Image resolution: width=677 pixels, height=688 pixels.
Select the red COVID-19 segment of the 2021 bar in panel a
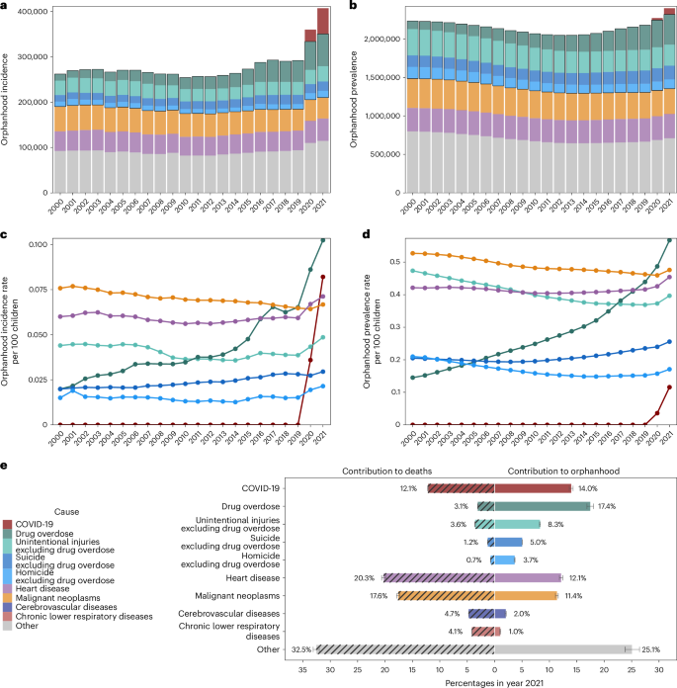(323, 21)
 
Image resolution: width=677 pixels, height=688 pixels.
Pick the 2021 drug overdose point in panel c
(323, 240)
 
